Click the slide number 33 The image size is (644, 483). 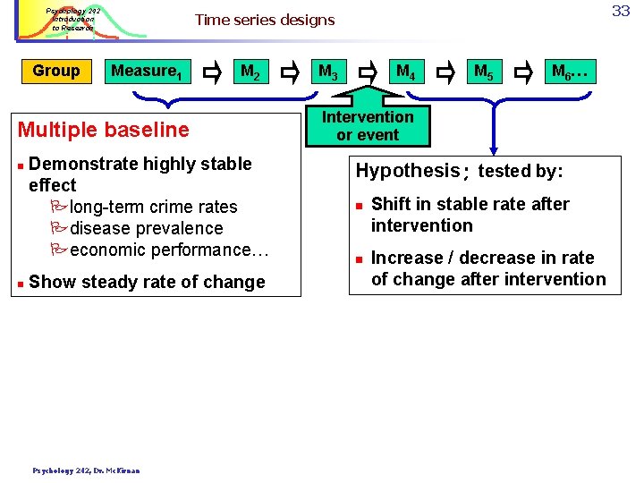pyautogui.click(x=621, y=11)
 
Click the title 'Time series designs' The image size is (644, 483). pyautogui.click(x=264, y=20)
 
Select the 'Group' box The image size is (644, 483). pyautogui.click(x=55, y=71)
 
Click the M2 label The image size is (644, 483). pyautogui.click(x=250, y=72)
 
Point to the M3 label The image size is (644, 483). pyautogui.click(x=327, y=72)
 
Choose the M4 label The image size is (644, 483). pyautogui.click(x=404, y=72)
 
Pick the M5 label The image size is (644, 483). pyautogui.click(x=483, y=72)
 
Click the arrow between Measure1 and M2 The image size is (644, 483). pyautogui.click(x=213, y=72)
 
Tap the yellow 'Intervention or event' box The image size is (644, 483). pyautogui.click(x=368, y=126)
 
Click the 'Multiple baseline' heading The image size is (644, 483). pyautogui.click(x=104, y=130)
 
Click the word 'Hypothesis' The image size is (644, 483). pyautogui.click(x=407, y=171)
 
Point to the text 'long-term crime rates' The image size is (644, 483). pyautogui.click(x=152, y=207)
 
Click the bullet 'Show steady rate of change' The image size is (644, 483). pyautogui.click(x=147, y=282)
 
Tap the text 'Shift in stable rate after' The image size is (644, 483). pyautogui.click(x=470, y=204)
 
